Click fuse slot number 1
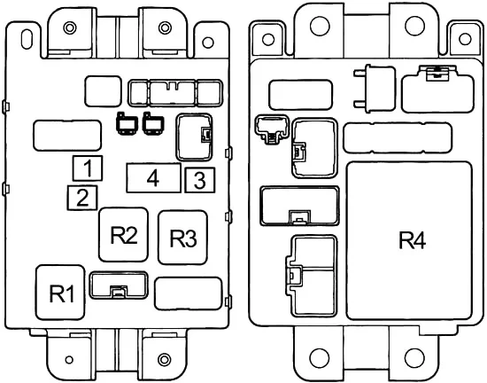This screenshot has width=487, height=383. pos(88,168)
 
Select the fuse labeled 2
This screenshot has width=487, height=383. pos(82,198)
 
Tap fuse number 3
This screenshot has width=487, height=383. pos(200,180)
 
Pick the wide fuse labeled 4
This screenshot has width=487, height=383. pos(153,178)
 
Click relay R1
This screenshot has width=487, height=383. pos(60,293)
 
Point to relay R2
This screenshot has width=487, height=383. pos(123,235)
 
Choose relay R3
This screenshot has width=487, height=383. pos(182,238)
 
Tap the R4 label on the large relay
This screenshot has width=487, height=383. pos(412,240)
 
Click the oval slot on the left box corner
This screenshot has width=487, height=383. pos(27,39)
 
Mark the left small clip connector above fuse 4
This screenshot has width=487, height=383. pos(127,123)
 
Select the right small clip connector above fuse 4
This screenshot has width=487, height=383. pos(153,123)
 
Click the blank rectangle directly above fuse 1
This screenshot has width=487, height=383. pos(67,136)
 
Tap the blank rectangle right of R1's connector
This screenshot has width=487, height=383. pos(189,293)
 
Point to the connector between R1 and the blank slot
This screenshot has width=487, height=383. pos(119,285)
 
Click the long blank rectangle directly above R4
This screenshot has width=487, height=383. pos(398,138)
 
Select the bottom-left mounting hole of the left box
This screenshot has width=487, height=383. pos(69,360)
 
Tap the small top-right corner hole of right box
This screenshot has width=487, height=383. pos(465,39)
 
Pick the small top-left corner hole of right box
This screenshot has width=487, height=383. pos(268,40)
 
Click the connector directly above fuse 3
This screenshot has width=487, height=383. pos(195,137)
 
